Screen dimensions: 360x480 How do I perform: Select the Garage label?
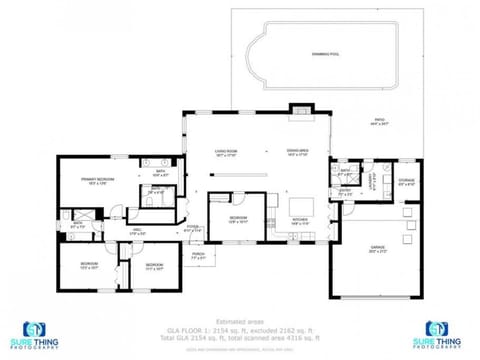[x=378, y=250]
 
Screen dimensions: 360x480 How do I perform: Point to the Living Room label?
[x=226, y=153]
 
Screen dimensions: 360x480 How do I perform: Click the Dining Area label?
[x=299, y=153]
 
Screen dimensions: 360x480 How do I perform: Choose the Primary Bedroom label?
[x=98, y=181]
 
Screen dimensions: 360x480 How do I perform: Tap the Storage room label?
[x=406, y=182]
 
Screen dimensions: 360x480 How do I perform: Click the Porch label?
[x=198, y=255]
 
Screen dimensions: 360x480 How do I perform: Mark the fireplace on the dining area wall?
[x=298, y=110]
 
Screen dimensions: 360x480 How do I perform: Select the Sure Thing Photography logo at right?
[x=441, y=334]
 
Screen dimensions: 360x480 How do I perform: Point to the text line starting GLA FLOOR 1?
[x=239, y=329]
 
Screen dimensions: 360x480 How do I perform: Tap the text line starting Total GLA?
[x=239, y=337]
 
